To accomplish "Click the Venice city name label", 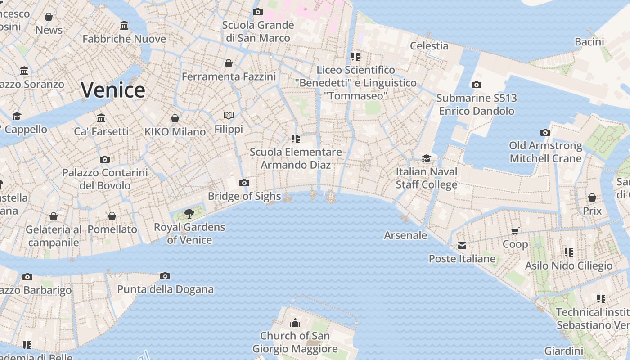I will tap(113, 90).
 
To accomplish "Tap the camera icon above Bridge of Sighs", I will tap(244, 183).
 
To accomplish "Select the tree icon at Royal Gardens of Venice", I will tap(189, 213).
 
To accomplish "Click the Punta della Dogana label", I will tap(165, 289).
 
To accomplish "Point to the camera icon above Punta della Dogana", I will tap(165, 276).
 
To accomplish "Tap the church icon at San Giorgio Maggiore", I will tap(295, 323).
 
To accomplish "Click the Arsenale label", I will tap(405, 235).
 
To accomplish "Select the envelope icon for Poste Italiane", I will tap(462, 246).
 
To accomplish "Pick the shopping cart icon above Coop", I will tap(515, 231).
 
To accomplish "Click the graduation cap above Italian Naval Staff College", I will tap(426, 158).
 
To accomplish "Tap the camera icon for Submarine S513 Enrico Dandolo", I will tap(476, 85).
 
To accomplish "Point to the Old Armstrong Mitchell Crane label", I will tap(545, 152).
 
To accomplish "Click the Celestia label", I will tap(429, 45).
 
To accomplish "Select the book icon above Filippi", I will tap(229, 116).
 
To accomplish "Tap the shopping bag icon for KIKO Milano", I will tap(175, 118).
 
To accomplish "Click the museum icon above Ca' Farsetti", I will tap(101, 118).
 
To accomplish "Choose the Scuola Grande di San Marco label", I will tap(258, 31).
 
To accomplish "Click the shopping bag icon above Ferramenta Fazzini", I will tap(229, 63).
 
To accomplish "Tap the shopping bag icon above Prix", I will tap(592, 198).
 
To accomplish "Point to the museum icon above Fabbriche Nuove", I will tap(124, 26).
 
